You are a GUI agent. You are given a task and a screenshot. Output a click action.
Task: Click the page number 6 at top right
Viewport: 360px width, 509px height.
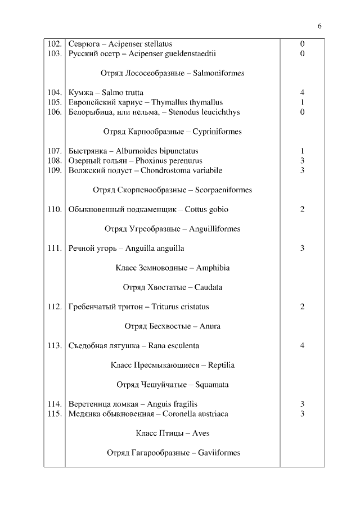tap(319, 26)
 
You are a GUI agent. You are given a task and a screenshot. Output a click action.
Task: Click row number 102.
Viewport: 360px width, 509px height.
tap(54, 44)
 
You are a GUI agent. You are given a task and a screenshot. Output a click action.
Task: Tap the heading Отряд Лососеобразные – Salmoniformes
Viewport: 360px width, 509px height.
tap(172, 73)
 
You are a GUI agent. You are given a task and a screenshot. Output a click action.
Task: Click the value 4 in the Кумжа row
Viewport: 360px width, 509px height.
tap(302, 93)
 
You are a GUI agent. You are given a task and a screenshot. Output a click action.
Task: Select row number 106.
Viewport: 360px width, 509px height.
tap(54, 112)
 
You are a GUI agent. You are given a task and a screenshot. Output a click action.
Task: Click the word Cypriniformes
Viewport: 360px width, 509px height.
tap(217, 132)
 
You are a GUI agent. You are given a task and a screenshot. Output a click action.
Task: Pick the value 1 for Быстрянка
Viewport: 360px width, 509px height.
tap(302, 151)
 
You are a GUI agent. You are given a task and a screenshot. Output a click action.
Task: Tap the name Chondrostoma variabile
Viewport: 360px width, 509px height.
tap(181, 170)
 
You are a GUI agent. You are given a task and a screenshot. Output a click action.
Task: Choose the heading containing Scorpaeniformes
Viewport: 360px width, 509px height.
tap(172, 190)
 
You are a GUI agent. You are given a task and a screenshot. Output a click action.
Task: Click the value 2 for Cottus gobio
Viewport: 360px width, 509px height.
tap(302, 210)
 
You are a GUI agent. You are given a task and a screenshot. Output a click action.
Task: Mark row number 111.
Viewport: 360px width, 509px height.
tap(54, 249)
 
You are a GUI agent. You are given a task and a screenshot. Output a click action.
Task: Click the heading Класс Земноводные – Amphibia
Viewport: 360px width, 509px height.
tap(172, 268)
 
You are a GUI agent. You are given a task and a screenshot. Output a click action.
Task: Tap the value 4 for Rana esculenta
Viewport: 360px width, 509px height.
tap(302, 346)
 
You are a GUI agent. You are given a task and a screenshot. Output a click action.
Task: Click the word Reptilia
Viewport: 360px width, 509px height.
tap(221, 366)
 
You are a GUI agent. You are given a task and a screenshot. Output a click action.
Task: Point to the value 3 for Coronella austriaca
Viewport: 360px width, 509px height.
tap(302, 414)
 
